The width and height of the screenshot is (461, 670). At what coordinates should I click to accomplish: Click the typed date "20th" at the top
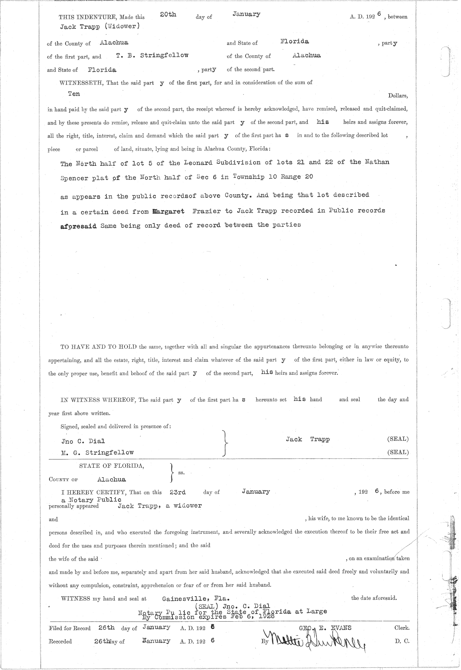[x=168, y=15]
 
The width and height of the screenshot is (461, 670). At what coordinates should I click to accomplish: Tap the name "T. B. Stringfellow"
[x=152, y=55]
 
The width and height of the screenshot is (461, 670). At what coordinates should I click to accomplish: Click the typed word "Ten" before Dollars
[x=74, y=94]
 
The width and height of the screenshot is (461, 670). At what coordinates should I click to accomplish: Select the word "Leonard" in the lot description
[x=198, y=163]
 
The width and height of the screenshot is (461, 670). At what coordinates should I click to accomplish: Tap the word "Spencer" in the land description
[x=74, y=178]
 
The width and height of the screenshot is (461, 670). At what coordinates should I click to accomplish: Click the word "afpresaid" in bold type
[x=78, y=225]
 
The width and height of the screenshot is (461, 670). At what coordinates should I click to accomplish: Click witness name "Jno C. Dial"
[x=83, y=441]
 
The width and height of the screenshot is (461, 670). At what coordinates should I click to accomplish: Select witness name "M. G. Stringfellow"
[x=98, y=453]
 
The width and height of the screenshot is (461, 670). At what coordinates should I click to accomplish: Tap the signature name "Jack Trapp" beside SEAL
[x=308, y=439]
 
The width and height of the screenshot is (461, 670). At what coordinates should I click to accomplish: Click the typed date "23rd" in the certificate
[x=177, y=492]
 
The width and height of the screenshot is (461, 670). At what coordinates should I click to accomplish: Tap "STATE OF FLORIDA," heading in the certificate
[x=112, y=466]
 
